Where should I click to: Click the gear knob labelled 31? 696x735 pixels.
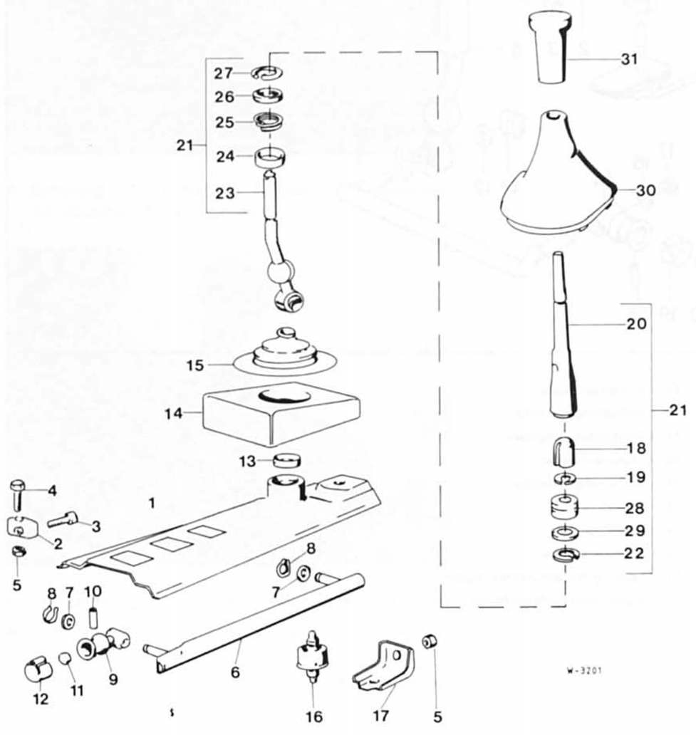point(550,48)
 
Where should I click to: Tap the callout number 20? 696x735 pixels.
point(636,324)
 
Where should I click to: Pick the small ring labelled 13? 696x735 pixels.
point(287,461)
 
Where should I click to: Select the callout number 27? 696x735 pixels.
point(224,73)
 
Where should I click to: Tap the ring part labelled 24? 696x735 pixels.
point(270,157)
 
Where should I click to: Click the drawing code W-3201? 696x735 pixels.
point(584,671)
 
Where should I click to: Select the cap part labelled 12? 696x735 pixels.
point(38,672)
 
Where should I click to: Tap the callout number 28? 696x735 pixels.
point(635,508)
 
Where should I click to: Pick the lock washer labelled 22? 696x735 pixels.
point(566,555)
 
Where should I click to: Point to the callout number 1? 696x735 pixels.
point(152,503)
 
